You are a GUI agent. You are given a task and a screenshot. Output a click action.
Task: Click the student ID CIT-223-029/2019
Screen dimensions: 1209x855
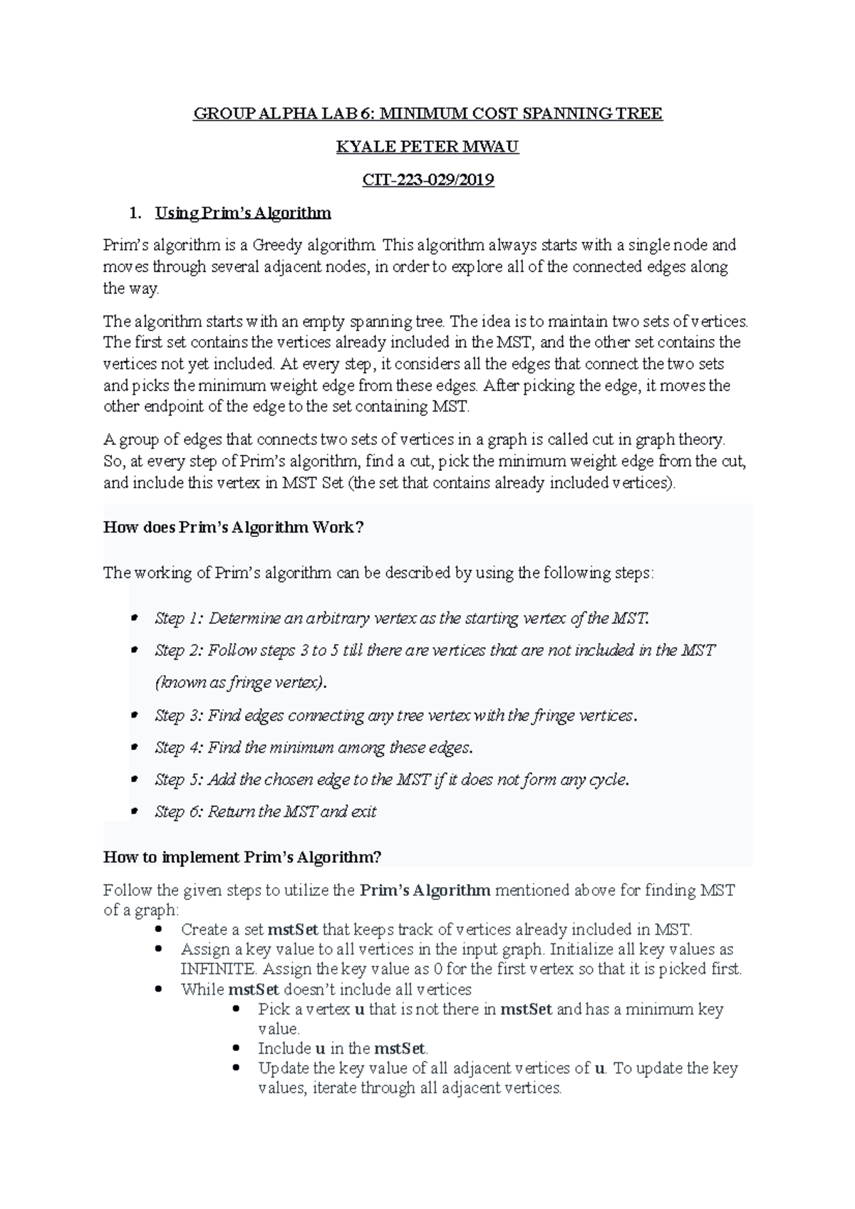pos(427,180)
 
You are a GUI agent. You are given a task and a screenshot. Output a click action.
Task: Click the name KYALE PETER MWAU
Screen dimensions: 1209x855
pos(427,147)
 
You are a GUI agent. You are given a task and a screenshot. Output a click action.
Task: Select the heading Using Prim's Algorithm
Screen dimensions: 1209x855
pos(243,213)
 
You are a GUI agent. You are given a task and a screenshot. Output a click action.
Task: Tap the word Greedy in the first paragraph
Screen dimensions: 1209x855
pos(279,246)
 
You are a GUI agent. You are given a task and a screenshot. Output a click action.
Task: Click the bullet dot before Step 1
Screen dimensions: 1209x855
pos(133,618)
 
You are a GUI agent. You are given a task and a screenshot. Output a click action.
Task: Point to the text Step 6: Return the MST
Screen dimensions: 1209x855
pos(265,812)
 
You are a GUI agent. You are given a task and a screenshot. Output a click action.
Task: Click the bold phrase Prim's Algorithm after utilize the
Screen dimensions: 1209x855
pos(425,890)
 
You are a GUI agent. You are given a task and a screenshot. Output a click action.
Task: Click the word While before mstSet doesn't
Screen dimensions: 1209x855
pos(202,990)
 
